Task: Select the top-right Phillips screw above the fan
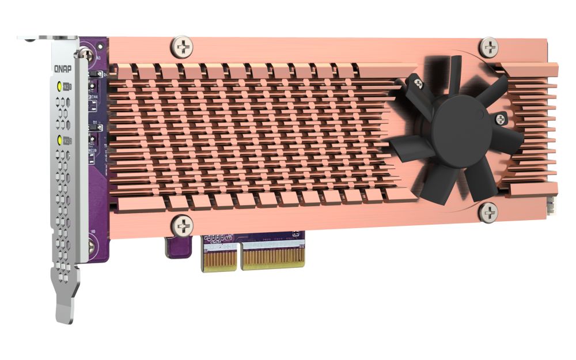489,46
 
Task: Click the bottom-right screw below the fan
488,213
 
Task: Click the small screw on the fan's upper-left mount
418,84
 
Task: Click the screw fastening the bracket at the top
87,55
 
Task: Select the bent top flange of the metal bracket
49,39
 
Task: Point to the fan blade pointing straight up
455,72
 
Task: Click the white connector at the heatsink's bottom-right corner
551,203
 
